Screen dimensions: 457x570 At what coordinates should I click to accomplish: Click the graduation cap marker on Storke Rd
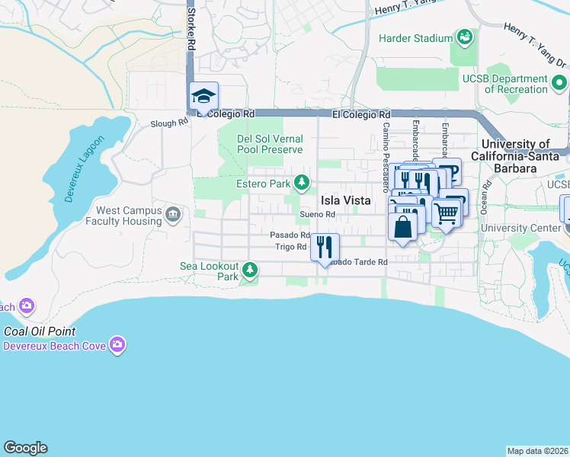pyautogui.click(x=203, y=97)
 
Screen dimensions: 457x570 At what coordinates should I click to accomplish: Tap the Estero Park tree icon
pyautogui.click(x=303, y=182)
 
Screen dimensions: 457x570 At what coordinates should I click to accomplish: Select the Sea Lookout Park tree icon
pyautogui.click(x=249, y=269)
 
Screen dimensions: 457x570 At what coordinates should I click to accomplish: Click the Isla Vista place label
pyautogui.click(x=345, y=200)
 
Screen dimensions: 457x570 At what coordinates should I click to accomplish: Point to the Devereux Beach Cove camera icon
pyautogui.click(x=117, y=345)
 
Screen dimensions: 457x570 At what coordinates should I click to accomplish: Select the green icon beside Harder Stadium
pyautogui.click(x=463, y=36)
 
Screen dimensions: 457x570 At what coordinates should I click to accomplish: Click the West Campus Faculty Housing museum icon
pyautogui.click(x=173, y=215)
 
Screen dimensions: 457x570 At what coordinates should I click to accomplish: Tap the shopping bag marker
pyautogui.click(x=402, y=226)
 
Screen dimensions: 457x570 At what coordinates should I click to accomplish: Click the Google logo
pyautogui.click(x=25, y=448)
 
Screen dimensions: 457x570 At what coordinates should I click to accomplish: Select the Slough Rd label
pyautogui.click(x=168, y=123)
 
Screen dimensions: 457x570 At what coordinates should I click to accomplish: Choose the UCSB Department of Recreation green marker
pyautogui.click(x=560, y=82)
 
